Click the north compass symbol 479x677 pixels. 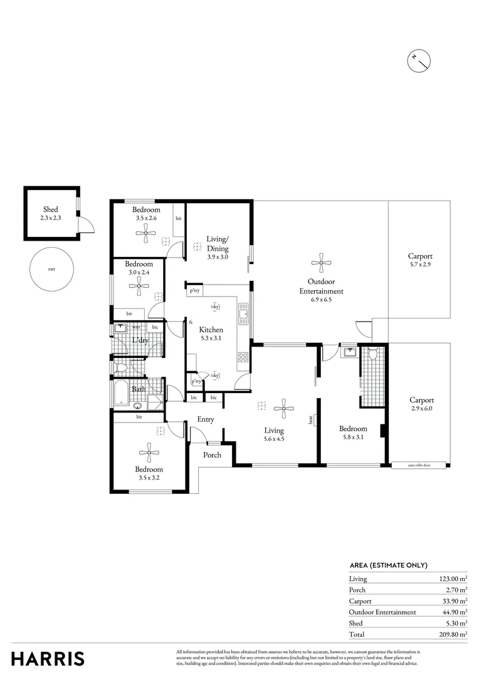coord(419,60)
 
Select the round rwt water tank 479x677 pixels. coord(51,270)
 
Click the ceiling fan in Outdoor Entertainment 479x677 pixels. coord(321,263)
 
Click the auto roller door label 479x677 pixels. coord(419,466)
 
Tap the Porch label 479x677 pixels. coord(213,454)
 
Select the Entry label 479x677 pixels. coord(206,419)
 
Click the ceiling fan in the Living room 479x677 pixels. coord(284,409)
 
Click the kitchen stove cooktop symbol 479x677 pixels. coord(243,359)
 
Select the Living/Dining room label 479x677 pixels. coord(218,243)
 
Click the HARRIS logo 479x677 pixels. coord(48,659)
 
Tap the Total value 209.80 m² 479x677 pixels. coord(453,634)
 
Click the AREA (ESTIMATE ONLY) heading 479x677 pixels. coord(388,565)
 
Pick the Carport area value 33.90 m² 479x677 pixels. coord(453,601)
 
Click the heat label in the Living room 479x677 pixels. coord(310,421)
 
